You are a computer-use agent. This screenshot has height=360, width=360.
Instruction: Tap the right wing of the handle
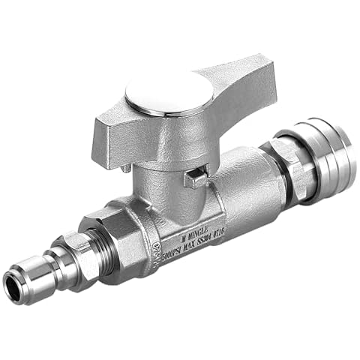click(x=240, y=78)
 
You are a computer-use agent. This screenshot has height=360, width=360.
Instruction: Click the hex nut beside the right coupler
click(x=292, y=166)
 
